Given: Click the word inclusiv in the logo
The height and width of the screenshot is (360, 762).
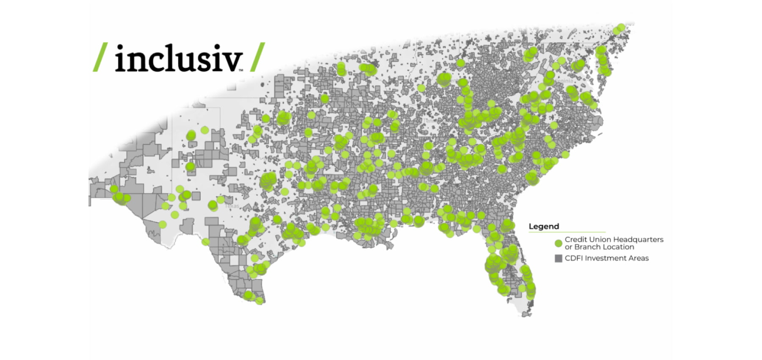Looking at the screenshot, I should point(178,58).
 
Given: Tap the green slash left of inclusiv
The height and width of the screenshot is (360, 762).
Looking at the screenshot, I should point(100,57).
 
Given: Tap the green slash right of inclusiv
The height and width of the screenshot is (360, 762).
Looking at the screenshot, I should point(257,57).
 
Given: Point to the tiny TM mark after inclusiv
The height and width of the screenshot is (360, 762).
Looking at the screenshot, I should point(241,70).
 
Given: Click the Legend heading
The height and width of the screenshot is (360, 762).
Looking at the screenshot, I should point(544,227).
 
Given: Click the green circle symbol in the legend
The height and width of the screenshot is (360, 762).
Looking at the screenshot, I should point(558,244).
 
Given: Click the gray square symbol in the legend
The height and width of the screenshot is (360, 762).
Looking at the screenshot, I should point(558,258).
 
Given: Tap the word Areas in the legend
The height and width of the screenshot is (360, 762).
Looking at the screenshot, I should point(638,258).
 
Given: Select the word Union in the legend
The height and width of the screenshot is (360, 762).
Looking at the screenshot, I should point(599,240).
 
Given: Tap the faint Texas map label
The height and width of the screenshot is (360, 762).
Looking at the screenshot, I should point(232,206).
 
